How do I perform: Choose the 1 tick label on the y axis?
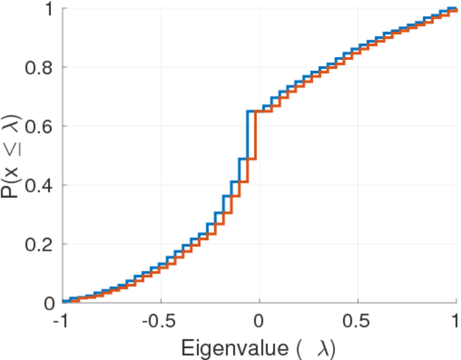[50, 10]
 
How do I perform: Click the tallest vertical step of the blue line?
[248, 135]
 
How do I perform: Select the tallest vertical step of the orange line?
[256, 135]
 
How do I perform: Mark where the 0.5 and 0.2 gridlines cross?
[358, 244]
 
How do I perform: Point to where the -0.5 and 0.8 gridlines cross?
[160, 68]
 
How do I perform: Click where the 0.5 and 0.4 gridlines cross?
[358, 185]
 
